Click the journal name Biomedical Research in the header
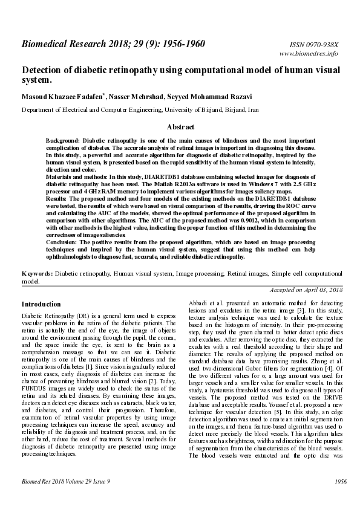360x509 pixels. click(67, 44)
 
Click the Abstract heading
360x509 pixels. click(180, 128)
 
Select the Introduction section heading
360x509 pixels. click(41, 304)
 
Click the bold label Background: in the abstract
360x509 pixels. click(63, 140)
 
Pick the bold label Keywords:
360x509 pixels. click(37, 274)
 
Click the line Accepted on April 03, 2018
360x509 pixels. click(306, 290)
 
